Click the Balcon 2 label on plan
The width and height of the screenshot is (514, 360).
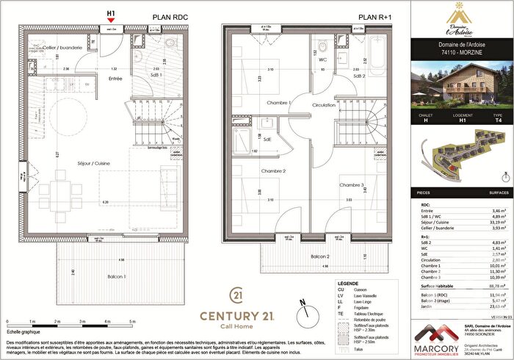point(299,256)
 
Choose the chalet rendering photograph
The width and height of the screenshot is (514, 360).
point(459,83)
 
